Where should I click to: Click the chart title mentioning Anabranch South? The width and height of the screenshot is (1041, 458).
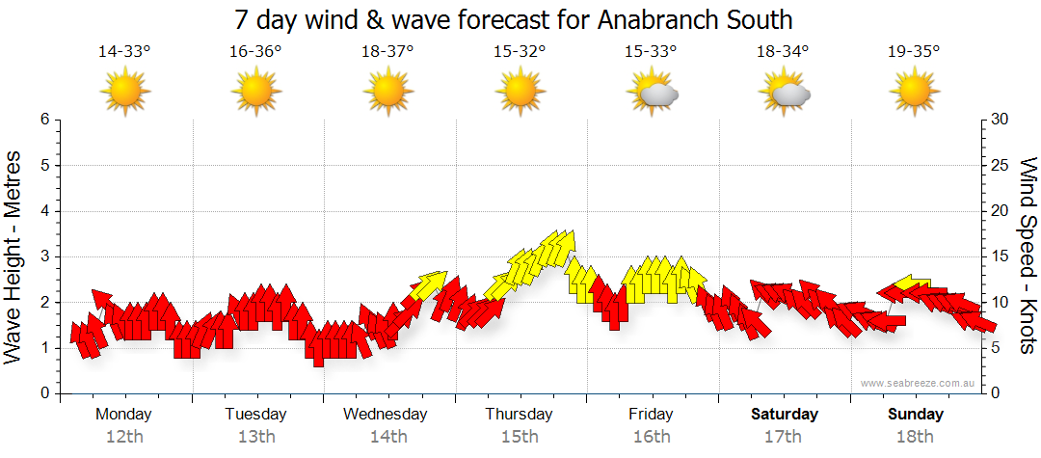pos(520,19)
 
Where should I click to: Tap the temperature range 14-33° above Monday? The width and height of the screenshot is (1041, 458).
pos(124,52)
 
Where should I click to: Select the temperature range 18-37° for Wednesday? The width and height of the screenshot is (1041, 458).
pos(387,52)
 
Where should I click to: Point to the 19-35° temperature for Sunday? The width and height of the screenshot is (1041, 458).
pos(914,52)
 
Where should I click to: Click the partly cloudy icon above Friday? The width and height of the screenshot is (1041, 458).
pos(653,94)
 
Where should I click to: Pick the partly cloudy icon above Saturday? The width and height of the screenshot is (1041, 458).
pos(784,94)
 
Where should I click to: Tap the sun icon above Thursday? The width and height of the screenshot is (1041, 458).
pos(520,94)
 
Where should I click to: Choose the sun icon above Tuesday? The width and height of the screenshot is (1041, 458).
pos(256,94)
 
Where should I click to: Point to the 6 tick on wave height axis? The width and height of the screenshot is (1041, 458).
pos(44,120)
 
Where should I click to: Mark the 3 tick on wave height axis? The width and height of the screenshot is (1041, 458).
pos(44,256)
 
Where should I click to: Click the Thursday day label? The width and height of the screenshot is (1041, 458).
pos(519,415)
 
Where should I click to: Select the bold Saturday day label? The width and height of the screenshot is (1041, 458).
pos(785,415)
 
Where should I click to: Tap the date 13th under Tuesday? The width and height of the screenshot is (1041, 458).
pos(256,437)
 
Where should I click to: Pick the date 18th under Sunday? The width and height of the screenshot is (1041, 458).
pos(916,437)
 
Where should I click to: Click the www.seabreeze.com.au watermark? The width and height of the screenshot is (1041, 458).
pos(919,383)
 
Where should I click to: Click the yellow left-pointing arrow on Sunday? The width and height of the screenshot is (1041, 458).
pos(911,283)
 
